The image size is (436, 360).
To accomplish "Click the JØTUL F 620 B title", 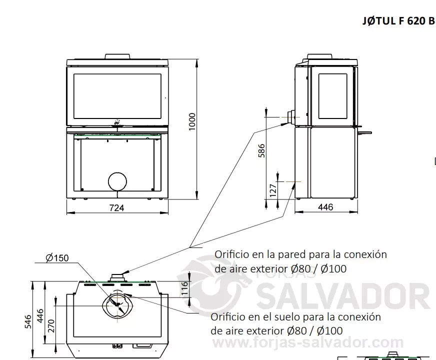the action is click(x=398, y=21).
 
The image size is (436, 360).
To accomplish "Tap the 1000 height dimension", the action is click(x=192, y=121).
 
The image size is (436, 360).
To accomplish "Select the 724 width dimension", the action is click(x=117, y=208).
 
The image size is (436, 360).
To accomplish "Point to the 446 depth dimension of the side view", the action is click(x=325, y=207).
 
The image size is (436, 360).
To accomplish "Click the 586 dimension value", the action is click(x=261, y=150).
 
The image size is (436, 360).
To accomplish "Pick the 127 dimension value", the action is click(x=273, y=190).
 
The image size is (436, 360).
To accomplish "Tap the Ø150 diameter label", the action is click(x=57, y=258).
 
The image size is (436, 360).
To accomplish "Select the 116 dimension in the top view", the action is click(x=185, y=288).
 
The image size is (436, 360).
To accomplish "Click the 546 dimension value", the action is click(x=28, y=321).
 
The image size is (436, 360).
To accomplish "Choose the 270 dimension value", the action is click(x=51, y=326).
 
